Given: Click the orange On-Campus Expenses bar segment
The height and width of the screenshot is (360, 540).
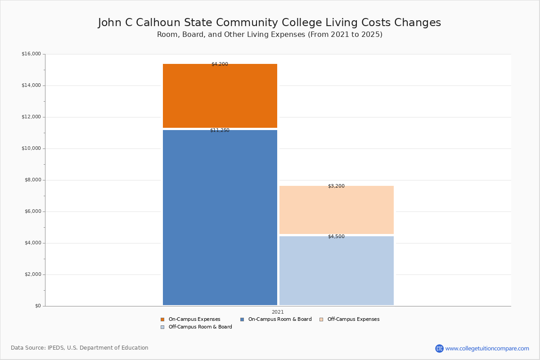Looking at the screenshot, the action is [x=220, y=96].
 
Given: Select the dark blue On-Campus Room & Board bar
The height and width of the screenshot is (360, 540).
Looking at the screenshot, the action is [x=220, y=217].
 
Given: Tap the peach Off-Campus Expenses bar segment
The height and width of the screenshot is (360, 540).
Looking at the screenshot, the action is [x=337, y=210].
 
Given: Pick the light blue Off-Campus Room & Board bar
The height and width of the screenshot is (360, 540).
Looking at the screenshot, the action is [x=337, y=270].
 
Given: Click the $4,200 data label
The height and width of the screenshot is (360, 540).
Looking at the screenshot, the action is [x=220, y=64].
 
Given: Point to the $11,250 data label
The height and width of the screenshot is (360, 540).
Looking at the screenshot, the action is [x=220, y=130].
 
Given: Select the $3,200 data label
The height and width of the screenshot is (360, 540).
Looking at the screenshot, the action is [x=336, y=186].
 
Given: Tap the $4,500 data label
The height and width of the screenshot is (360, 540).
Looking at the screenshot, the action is [x=336, y=236].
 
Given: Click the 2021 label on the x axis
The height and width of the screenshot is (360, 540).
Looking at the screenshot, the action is [x=278, y=312].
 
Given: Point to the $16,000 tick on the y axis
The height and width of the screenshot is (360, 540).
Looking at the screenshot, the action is [x=31, y=54].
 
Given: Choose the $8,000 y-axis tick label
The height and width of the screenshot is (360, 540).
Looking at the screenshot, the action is [x=33, y=180].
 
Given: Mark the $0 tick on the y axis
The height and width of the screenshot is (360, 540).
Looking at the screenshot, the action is [x=38, y=306].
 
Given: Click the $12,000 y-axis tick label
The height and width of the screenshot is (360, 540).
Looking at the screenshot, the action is [x=31, y=117].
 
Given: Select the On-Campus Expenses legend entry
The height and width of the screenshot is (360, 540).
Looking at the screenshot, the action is [x=190, y=319].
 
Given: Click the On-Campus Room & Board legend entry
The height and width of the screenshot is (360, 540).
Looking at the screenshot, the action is [x=276, y=319].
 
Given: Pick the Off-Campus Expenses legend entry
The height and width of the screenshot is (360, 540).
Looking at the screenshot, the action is [x=350, y=319].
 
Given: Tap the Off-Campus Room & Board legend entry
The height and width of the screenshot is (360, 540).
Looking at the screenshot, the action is [x=196, y=327].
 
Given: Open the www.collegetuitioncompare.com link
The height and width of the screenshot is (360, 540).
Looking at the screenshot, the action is [x=487, y=348].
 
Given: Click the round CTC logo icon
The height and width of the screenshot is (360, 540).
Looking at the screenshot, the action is [x=439, y=348].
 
